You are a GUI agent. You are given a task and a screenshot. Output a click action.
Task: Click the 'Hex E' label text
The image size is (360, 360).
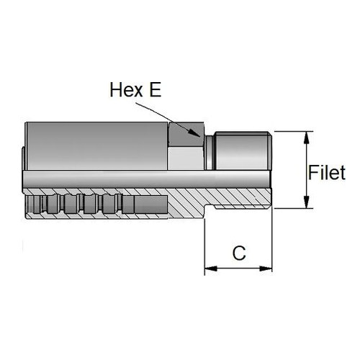click(x=135, y=90)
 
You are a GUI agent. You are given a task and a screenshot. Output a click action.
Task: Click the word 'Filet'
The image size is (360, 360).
click(x=327, y=173)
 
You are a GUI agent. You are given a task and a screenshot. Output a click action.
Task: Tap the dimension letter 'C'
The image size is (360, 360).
click(x=239, y=253)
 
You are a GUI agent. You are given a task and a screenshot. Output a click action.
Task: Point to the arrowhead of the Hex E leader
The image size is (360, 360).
click(x=194, y=133)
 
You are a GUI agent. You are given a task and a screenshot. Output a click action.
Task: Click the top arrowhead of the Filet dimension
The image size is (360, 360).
click(x=306, y=138)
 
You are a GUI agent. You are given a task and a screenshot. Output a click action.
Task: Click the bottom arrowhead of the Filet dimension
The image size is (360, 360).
click(x=306, y=202)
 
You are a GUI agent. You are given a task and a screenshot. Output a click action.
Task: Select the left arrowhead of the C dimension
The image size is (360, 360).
click(x=211, y=269)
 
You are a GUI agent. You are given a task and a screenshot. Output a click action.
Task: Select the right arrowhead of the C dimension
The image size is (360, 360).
click(x=266, y=269)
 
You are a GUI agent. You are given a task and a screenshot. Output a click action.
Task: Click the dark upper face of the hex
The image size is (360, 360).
click(x=186, y=135)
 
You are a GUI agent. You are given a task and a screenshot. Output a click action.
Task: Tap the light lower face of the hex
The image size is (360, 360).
click(x=186, y=158)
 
